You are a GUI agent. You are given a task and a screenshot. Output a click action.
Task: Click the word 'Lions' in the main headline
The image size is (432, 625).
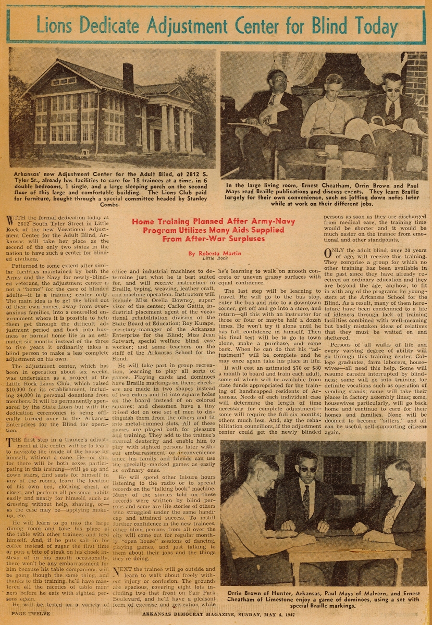pos(56,24)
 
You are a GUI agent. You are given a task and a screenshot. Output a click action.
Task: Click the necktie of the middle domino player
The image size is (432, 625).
pos(306,501)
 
